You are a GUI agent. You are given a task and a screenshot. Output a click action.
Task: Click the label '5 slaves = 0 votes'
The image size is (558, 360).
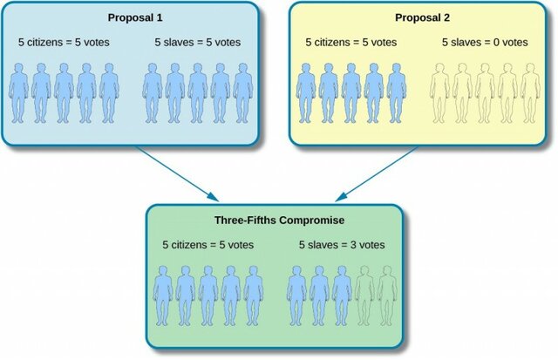[487, 42]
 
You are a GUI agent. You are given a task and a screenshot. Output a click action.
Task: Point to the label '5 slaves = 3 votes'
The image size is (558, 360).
[342, 246]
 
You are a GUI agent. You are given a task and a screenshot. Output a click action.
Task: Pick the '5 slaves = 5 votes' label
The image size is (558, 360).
[198, 42]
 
